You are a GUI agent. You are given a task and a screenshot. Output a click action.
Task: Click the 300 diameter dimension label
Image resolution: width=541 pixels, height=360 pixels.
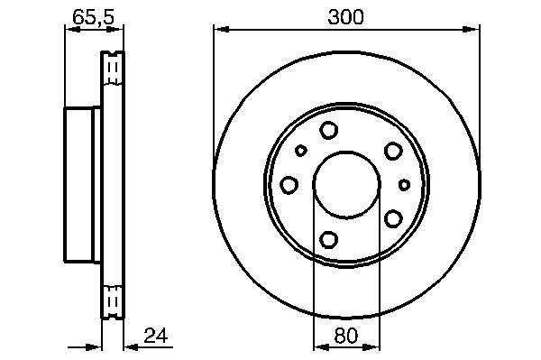point(345,17)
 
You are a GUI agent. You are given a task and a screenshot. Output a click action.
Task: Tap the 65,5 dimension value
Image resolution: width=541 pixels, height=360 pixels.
point(94,16)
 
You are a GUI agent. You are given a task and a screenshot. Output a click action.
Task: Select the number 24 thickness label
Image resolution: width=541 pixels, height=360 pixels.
point(156,336)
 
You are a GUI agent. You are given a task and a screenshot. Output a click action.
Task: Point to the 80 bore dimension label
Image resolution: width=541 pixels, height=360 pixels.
point(346,336)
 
